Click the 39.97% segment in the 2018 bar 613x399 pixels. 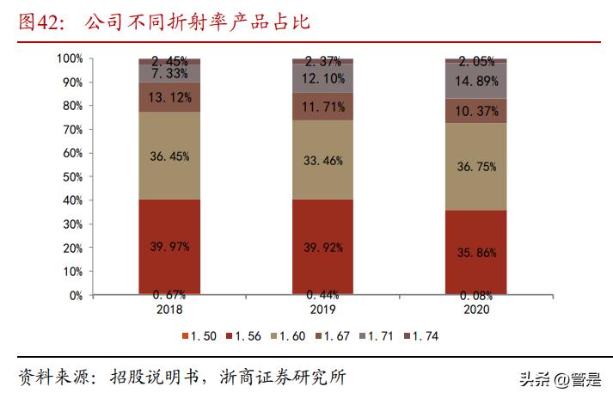point(169,246)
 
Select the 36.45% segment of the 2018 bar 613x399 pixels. point(169,157)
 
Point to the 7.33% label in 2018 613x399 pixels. point(169,75)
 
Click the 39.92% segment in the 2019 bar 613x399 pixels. point(322,246)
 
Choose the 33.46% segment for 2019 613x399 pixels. point(322,159)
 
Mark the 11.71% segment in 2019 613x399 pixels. point(322,107)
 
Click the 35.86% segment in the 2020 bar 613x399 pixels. point(475,253)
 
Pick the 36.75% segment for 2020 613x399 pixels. point(475,167)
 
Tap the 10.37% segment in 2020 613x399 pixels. point(475,111)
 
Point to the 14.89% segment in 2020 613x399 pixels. point(475,81)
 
